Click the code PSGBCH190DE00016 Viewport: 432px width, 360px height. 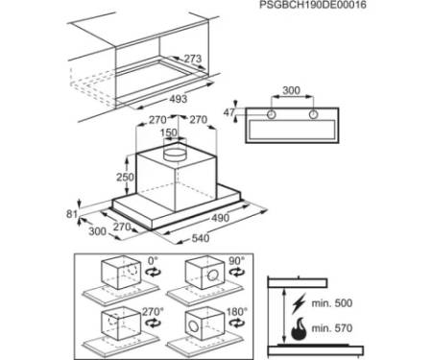pyautogui.click(x=313, y=5)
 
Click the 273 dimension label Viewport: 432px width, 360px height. pyautogui.click(x=193, y=59)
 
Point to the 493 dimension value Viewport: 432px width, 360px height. pyautogui.click(x=178, y=99)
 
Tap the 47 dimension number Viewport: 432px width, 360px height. pyautogui.click(x=228, y=112)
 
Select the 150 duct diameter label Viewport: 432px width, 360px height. pyautogui.click(x=169, y=132)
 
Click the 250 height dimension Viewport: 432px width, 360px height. pyautogui.click(x=125, y=177)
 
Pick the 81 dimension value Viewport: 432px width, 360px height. pyautogui.click(x=72, y=214)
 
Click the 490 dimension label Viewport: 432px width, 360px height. pyautogui.click(x=220, y=218)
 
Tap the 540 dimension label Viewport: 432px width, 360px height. pyautogui.click(x=201, y=238)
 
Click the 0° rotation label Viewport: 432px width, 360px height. pyautogui.click(x=153, y=261)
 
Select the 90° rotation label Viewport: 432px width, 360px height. pyautogui.click(x=237, y=261)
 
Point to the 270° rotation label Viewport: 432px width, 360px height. pyautogui.click(x=153, y=311)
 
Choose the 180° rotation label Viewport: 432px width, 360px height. pyautogui.click(x=237, y=311)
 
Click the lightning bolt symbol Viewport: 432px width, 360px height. pyautogui.click(x=299, y=302)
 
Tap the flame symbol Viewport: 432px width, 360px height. pyautogui.click(x=299, y=328)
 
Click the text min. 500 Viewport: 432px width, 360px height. pyautogui.click(x=332, y=302)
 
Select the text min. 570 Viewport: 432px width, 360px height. pyautogui.click(x=332, y=328)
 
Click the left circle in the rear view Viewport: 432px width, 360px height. pyautogui.click(x=272, y=114)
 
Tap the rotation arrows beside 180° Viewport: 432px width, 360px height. pyautogui.click(x=237, y=324)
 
